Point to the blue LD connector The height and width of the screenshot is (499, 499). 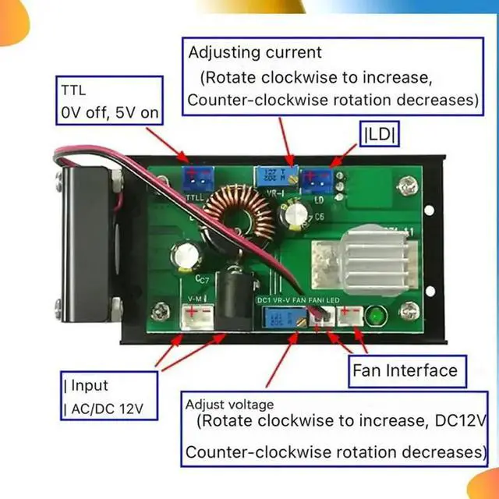(x=316, y=181)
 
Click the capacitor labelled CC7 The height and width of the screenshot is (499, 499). (x=189, y=257)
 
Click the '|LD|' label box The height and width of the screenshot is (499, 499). (x=380, y=134)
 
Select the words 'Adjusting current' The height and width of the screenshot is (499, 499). (x=254, y=53)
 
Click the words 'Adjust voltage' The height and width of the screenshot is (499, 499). (x=229, y=405)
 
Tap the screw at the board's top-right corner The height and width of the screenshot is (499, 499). (x=404, y=186)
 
